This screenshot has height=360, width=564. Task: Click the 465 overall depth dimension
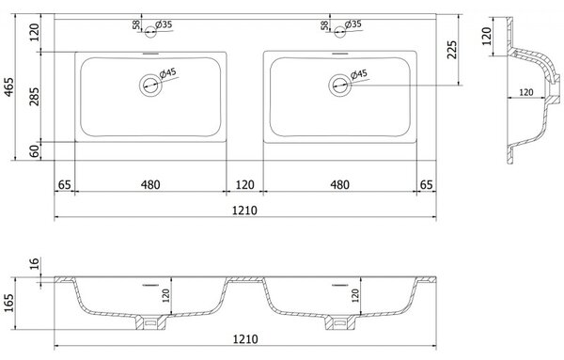coord(8,86)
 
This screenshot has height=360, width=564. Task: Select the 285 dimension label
coord(35,97)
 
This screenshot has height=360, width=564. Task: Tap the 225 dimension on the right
coord(451,50)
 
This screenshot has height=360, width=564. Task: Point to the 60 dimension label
coord(35,151)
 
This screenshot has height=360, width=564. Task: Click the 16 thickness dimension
coord(35,263)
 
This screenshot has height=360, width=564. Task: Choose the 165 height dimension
coord(8,304)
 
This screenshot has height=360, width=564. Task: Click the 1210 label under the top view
coord(244,210)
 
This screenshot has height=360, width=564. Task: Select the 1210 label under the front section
coord(245,338)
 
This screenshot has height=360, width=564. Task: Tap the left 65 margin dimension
coord(64,185)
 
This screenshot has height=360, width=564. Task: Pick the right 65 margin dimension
coord(426,185)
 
